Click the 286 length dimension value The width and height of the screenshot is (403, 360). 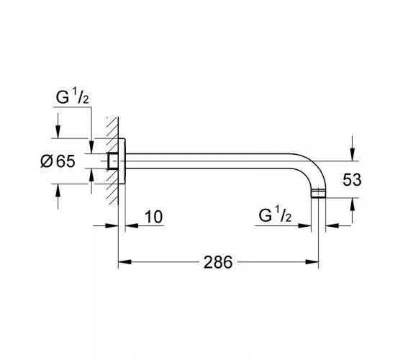click(218, 262)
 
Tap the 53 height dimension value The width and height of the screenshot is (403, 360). click(352, 179)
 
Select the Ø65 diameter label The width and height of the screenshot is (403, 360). click(58, 161)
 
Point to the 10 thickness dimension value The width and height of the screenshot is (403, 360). click(154, 217)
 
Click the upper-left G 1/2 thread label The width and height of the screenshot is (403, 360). click(73, 97)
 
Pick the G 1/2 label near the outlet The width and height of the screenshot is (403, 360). click(275, 215)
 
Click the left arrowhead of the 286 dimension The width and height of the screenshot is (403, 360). click(125, 262)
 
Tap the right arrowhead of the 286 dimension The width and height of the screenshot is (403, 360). click(312, 262)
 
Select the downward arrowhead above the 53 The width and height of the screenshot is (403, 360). click(353, 154)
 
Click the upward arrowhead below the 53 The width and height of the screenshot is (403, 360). click(353, 204)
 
